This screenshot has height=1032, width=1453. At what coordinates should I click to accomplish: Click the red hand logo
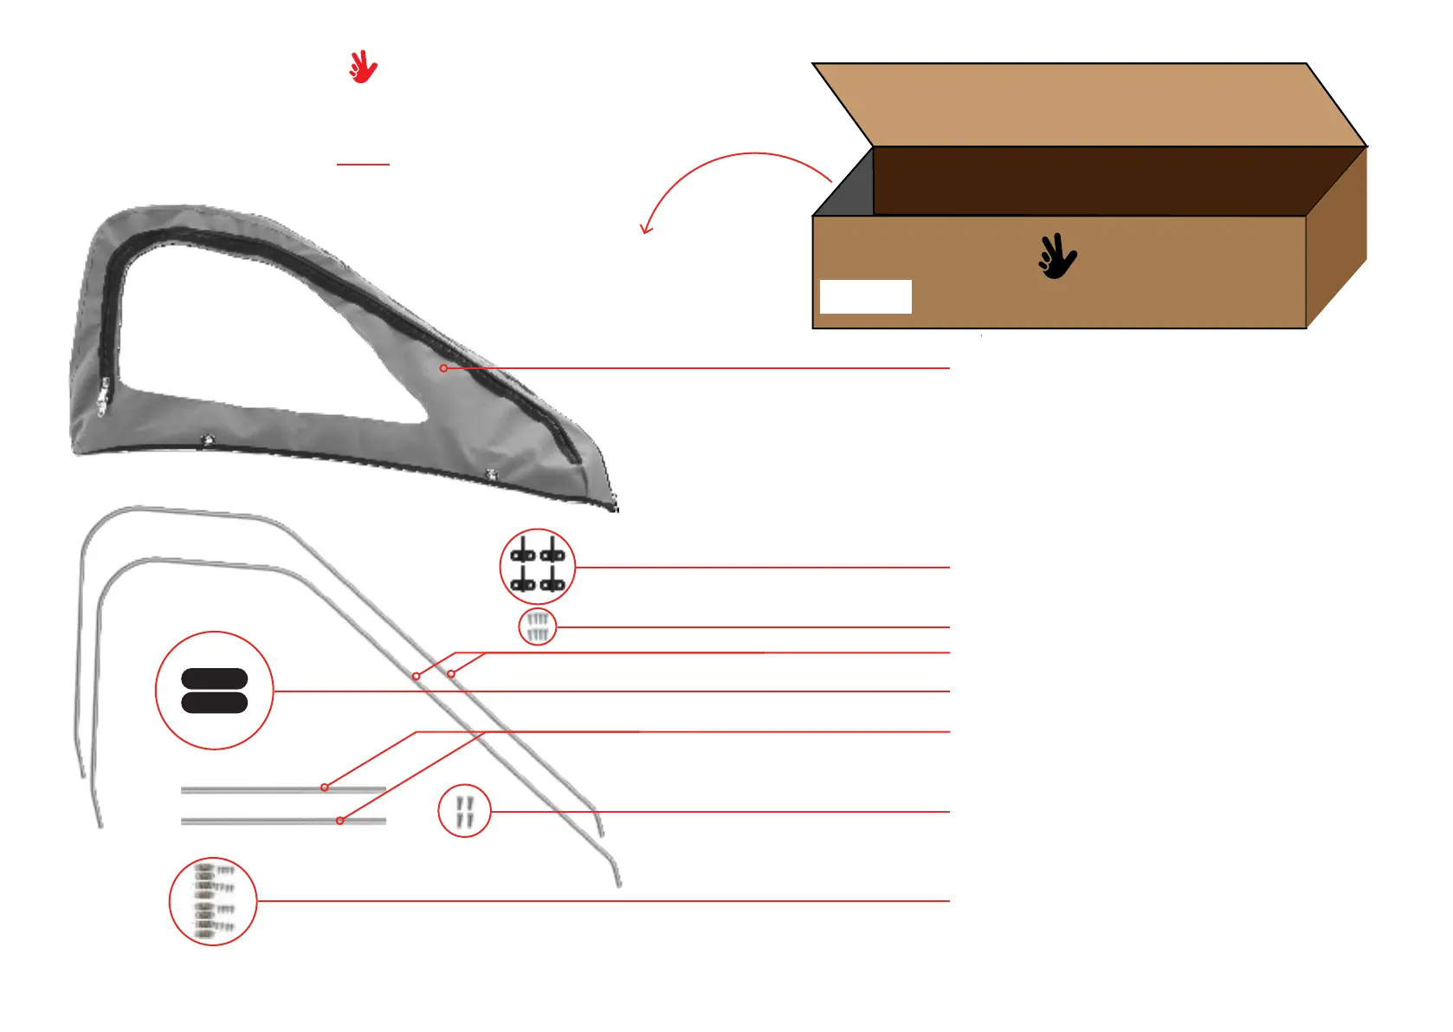coord(363,67)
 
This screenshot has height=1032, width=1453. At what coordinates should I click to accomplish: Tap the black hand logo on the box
coord(1057,256)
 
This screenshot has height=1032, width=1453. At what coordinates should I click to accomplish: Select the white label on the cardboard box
coord(865,296)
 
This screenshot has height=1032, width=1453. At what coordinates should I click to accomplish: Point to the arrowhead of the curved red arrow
coord(645,229)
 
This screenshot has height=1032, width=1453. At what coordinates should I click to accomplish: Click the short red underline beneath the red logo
coord(363,164)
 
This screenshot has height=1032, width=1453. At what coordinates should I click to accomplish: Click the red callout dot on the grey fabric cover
coord(443,368)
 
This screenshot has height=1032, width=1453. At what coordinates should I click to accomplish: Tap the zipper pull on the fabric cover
coord(103,397)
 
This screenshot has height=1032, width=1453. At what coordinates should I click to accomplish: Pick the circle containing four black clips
coord(538,567)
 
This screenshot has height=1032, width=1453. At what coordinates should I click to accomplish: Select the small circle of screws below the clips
coord(538,626)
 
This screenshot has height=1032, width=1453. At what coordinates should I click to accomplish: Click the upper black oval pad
coord(215,679)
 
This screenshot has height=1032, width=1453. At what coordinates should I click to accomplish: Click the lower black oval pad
coord(215,702)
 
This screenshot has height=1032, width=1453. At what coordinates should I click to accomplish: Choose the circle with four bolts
coord(464,811)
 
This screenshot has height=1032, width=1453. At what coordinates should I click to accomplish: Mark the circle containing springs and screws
coord(213,901)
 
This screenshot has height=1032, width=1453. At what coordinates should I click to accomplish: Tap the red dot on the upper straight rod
coord(325,788)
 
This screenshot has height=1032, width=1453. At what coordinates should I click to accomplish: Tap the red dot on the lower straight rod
coord(340,821)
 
